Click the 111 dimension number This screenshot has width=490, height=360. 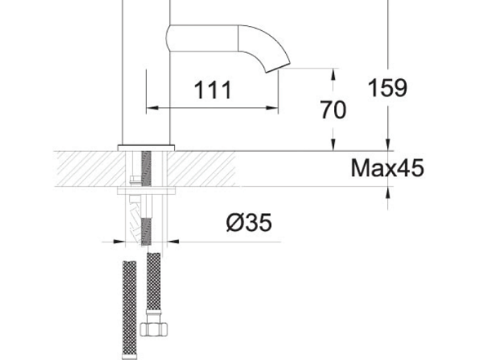coord(213,90)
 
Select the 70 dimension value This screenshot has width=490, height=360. coord(333,109)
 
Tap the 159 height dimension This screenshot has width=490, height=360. coord(387,87)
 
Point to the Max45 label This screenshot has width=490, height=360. coord(387,168)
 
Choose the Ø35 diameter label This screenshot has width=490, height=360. coord(249,223)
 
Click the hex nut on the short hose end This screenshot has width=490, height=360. coord(154,330)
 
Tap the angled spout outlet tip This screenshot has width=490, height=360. coord(278,68)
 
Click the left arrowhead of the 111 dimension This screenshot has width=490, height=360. coord(152,108)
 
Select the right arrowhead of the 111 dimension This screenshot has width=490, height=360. coord(272,108)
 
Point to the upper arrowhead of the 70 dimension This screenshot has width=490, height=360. coord(334,74)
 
